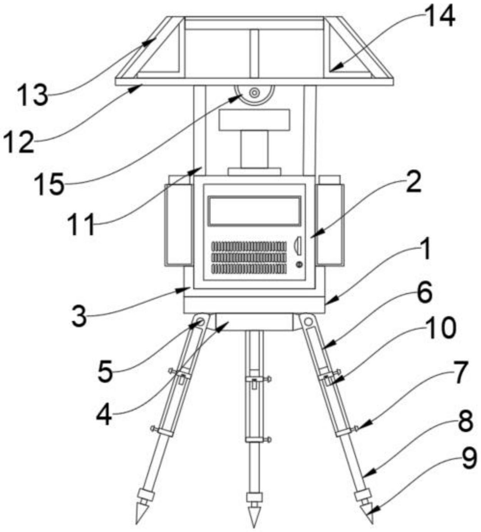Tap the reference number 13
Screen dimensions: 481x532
33,94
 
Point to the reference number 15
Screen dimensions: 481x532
49,184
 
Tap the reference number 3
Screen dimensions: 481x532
79,317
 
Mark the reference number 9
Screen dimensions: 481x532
469,458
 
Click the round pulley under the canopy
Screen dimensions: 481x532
254,93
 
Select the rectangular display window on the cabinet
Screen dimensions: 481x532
255,211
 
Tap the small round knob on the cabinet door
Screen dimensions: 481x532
299,264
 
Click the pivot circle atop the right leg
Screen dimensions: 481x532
308,322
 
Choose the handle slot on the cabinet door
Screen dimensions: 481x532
298,246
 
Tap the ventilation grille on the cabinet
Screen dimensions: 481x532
249,258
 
